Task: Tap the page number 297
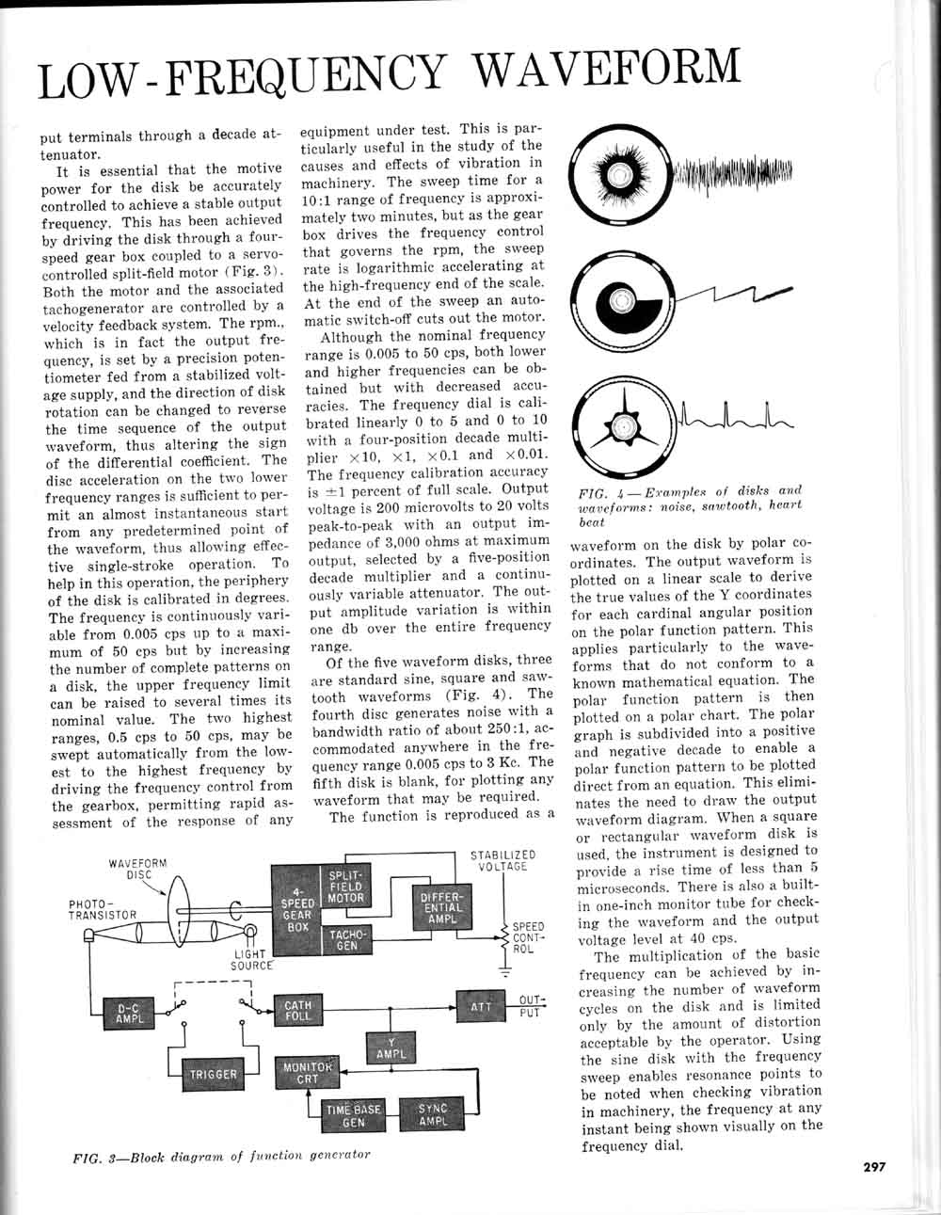click(x=874, y=1167)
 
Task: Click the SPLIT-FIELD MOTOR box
click(x=345, y=887)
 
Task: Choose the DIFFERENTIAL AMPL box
click(x=441, y=904)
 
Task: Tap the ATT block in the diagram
click(x=481, y=1008)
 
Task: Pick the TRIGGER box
click(x=214, y=1074)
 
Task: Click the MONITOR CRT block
click(x=309, y=1074)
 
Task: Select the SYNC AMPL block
click(x=433, y=1115)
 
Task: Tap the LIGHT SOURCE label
click(x=251, y=959)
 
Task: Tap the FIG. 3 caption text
click(x=221, y=1155)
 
